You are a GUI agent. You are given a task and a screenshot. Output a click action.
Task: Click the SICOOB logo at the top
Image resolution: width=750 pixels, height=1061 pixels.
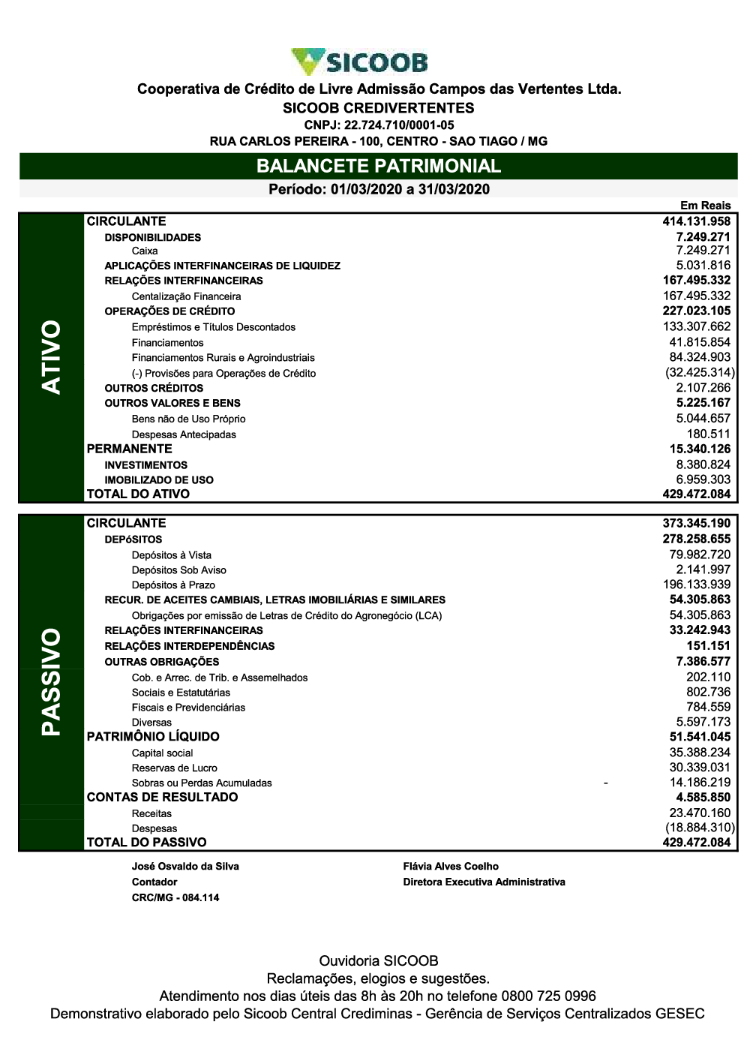click(x=359, y=62)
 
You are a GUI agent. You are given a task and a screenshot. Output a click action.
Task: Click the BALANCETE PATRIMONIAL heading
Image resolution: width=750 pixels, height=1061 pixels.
click(x=378, y=166)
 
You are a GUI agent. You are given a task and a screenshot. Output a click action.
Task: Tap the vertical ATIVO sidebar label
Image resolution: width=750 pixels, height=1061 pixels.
click(x=52, y=357)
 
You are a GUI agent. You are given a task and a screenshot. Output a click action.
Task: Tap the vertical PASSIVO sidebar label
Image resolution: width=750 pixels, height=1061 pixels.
click(x=52, y=682)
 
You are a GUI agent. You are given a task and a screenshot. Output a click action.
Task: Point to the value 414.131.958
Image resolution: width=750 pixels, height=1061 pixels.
click(x=696, y=221)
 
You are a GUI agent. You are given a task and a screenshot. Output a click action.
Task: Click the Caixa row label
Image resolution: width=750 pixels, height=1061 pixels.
click(x=145, y=251)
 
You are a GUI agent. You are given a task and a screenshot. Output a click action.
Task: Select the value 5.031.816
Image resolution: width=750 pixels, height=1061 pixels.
click(x=703, y=265)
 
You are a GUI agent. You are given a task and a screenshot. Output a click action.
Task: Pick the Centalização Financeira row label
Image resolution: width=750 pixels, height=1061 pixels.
click(x=186, y=296)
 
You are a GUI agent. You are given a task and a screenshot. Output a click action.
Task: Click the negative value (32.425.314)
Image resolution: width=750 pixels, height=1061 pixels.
click(x=699, y=373)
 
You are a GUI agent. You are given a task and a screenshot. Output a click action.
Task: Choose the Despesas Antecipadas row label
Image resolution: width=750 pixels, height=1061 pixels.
click(x=184, y=434)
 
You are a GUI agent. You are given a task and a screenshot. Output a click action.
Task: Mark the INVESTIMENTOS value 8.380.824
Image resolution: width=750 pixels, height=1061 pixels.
click(x=703, y=464)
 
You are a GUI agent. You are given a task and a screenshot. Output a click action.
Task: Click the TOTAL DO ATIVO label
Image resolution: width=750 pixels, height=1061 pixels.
click(x=138, y=494)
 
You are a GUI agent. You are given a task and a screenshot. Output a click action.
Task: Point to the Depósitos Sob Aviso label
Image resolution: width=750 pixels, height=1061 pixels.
click(x=178, y=570)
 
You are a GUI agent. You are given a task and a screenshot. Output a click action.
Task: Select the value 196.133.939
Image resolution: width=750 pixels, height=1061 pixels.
click(x=697, y=585)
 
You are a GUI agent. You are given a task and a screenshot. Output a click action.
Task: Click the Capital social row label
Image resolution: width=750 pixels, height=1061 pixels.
click(x=162, y=753)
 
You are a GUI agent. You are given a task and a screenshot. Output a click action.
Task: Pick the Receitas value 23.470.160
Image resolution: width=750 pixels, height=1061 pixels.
click(x=699, y=813)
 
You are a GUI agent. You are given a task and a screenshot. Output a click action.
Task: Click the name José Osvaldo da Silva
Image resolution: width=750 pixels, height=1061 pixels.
click(x=185, y=866)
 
